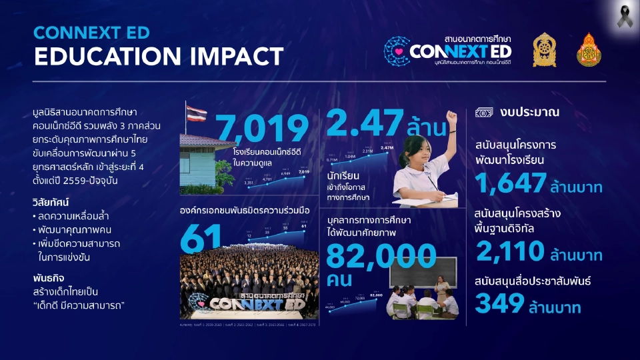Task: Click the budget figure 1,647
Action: pyautogui.click(x=511, y=183)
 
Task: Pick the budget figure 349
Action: pyautogui.click(x=499, y=305)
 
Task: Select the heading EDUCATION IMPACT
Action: pyautogui.click(x=158, y=56)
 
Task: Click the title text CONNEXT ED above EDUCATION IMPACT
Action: pyautogui.click(x=91, y=32)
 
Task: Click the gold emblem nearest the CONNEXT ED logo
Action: pyautogui.click(x=544, y=50)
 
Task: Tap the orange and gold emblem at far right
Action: pyautogui.click(x=589, y=50)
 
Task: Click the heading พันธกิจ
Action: pyautogui.click(x=47, y=277)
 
